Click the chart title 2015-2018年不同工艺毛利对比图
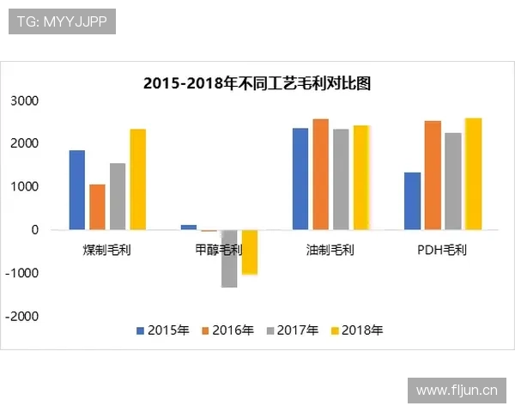[257, 83]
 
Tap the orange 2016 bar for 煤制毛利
[97, 207]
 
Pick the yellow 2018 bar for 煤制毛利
[138, 179]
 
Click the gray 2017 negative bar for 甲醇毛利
[229, 258]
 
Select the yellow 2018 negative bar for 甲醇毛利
[250, 251]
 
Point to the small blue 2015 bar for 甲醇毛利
[189, 227]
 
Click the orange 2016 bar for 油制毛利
[321, 174]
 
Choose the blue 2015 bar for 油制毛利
[300, 179]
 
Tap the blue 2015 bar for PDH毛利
[413, 201]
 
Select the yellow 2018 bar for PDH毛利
[473, 174]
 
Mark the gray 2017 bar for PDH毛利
[453, 181]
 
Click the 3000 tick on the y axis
[25, 100]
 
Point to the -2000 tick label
[23, 316]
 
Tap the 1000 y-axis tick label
[25, 186]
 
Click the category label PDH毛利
[442, 251]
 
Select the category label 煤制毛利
[106, 251]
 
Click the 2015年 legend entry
[162, 330]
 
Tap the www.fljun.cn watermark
[456, 391]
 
